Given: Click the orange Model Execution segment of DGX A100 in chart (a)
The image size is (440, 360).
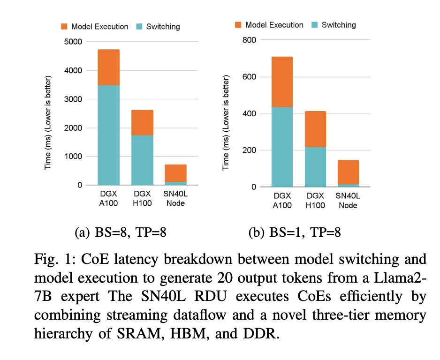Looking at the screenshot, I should [x=108, y=67].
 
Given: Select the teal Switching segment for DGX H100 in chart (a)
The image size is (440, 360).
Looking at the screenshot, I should [x=142, y=160].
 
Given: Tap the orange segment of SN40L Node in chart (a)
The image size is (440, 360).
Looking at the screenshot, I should [x=175, y=173].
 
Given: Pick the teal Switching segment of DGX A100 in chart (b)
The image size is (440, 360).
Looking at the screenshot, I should [x=282, y=147].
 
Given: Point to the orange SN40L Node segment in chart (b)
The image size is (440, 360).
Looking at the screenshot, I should [x=348, y=172].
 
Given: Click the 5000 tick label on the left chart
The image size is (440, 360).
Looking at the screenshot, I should [x=72, y=42].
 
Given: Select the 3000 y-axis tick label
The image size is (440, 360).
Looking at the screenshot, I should [x=72, y=99].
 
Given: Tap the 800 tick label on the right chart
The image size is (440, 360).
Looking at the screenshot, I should [x=249, y=40].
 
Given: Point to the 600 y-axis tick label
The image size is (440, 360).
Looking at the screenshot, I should [x=249, y=77].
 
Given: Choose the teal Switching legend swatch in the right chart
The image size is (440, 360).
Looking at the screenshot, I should [x=314, y=25].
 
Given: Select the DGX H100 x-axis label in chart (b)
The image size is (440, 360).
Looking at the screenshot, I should [x=315, y=201].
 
